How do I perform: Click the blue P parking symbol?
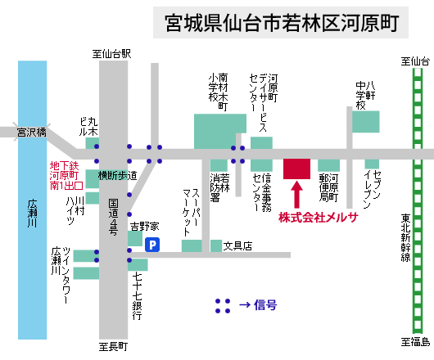click(x=152, y=245)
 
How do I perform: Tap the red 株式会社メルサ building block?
click(x=296, y=169)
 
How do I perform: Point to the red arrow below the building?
click(x=296, y=194)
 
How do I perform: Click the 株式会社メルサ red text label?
click(x=319, y=218)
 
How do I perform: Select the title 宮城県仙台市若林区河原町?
click(x=282, y=23)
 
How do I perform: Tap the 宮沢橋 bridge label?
click(x=31, y=133)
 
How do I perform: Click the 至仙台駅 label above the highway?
click(x=111, y=54)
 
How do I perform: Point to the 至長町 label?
click(x=113, y=347)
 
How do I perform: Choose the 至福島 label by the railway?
click(x=415, y=342)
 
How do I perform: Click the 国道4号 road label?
click(x=113, y=217)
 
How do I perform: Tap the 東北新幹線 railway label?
click(x=406, y=238)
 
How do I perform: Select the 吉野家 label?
click(x=145, y=227)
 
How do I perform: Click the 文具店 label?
click(x=237, y=245)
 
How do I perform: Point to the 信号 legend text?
click(x=265, y=305)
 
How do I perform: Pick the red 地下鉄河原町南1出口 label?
click(x=66, y=176)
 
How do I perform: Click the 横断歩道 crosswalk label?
click(x=117, y=175)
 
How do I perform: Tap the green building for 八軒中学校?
click(x=366, y=122)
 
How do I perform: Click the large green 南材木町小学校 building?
click(x=220, y=132)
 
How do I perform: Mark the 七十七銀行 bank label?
click(x=137, y=296)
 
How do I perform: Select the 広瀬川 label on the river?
click(x=33, y=214)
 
